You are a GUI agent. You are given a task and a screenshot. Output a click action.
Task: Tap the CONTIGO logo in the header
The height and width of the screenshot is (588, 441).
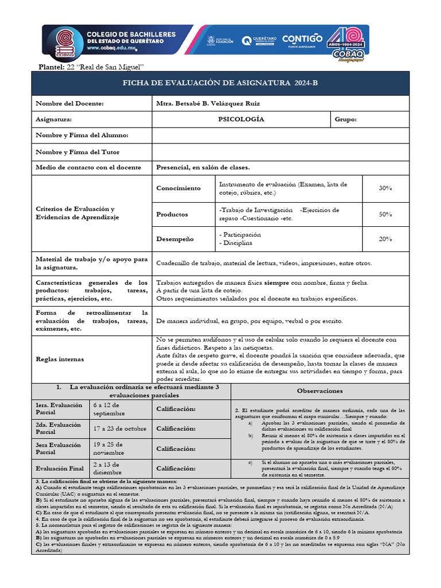tap(301, 40)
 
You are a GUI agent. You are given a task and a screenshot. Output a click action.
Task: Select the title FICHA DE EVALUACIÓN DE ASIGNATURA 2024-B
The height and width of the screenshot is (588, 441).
tap(220, 84)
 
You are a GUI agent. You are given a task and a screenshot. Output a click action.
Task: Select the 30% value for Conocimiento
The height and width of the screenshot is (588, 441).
tap(385, 188)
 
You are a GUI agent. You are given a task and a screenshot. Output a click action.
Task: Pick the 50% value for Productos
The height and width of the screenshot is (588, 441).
tap(385, 214)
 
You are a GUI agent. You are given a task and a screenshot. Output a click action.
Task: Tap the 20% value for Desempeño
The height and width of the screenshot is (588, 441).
tap(385, 239)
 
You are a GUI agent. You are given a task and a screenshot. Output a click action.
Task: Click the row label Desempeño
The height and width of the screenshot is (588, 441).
tap(175, 239)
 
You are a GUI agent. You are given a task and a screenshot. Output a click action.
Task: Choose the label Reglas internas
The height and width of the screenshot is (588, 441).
tap(60, 359)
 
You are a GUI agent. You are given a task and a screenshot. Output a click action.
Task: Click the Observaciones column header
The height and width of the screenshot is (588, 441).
tap(320, 391)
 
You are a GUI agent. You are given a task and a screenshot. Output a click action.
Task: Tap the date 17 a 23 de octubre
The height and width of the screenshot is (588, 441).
tap(119, 428)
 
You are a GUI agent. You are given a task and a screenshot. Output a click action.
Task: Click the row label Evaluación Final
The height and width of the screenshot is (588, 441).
tap(60, 469)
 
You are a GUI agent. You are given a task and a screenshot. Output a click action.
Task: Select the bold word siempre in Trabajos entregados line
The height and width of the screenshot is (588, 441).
tap(276, 283)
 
